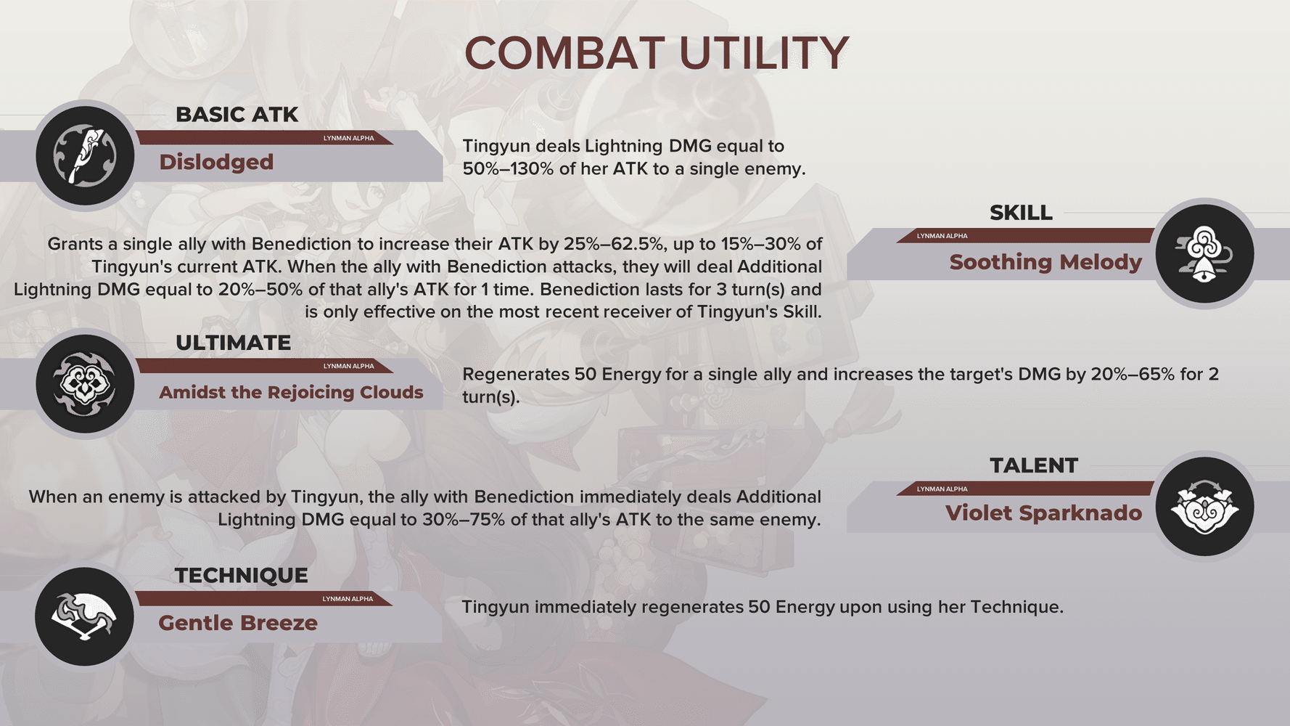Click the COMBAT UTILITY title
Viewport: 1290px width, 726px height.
tap(657, 53)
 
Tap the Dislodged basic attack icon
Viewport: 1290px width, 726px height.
tap(85, 155)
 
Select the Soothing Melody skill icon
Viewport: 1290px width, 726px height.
tap(1204, 254)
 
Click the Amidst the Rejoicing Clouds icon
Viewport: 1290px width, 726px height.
tap(85, 383)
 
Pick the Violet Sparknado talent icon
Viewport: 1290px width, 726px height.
tap(1204, 507)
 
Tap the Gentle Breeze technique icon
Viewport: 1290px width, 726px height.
tap(84, 616)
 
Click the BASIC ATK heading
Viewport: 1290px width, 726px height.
tap(237, 115)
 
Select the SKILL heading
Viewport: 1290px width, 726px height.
tap(1021, 213)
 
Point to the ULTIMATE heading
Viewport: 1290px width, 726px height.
tap(233, 343)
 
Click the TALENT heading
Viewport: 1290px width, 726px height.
tap(1034, 465)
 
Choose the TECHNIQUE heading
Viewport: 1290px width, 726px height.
tap(241, 575)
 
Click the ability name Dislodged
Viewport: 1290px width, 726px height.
tap(216, 162)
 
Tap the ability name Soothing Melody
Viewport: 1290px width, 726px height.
tap(1045, 262)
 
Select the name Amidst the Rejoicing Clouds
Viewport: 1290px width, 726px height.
tap(291, 392)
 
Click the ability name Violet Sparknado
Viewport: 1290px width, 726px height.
tap(1043, 513)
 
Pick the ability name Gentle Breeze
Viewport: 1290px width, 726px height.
tap(238, 623)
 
